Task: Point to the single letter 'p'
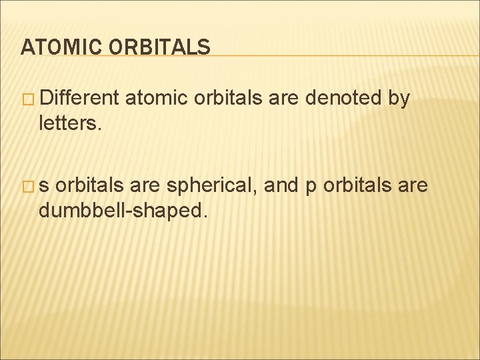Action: pos(309,187)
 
